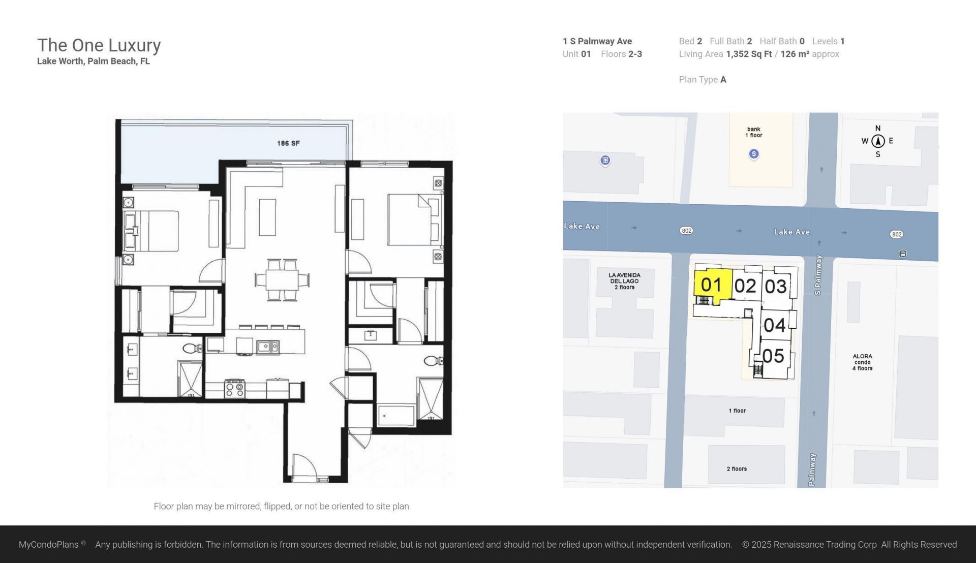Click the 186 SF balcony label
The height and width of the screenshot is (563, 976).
288,143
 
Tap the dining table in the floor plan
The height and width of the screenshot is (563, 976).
282,280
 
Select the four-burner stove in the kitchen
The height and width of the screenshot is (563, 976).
235,389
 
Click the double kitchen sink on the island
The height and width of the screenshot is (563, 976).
267,347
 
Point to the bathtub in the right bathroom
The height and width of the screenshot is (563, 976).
396,415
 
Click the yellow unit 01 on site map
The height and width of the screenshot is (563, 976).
711,285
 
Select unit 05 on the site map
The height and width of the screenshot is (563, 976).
773,356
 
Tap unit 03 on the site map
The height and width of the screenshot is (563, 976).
776,287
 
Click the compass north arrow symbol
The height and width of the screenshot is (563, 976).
878,141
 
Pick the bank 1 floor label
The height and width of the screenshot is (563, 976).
753,132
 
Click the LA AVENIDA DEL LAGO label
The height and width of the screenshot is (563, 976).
624,281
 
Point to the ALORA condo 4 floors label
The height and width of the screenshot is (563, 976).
862,362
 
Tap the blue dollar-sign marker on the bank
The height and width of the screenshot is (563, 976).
754,154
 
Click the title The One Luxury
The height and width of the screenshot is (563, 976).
99,45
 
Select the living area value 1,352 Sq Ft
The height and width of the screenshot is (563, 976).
749,54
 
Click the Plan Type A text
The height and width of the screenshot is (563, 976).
702,79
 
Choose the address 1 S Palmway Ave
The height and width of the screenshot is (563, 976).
597,41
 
